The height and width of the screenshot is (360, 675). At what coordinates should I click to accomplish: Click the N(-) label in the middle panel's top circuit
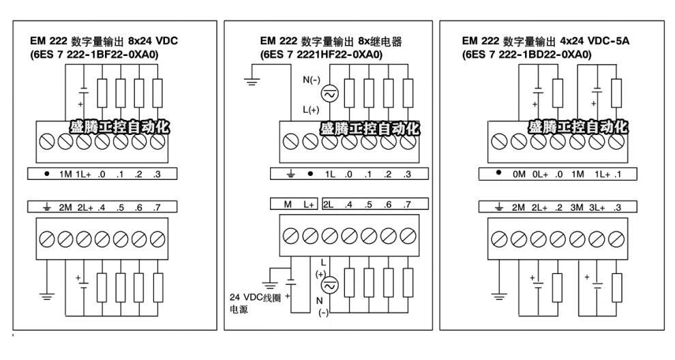pyautogui.click(x=311, y=80)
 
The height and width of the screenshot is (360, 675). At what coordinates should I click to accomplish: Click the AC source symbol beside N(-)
pyautogui.click(x=329, y=95)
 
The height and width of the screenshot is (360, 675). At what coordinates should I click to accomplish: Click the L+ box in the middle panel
pyautogui.click(x=308, y=204)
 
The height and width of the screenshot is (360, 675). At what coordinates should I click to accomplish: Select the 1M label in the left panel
pyautogui.click(x=65, y=173)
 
